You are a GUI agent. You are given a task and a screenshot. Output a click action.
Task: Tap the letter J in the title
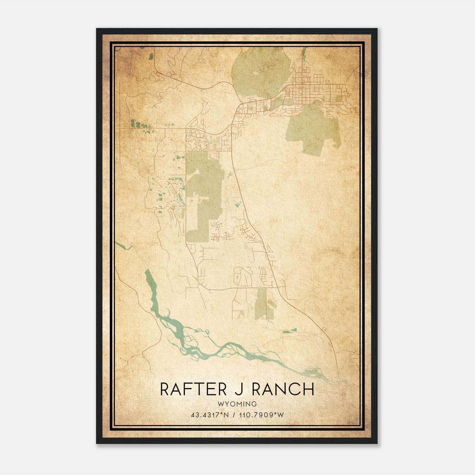point(237,389)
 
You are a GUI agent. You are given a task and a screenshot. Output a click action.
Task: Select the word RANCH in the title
point(283,389)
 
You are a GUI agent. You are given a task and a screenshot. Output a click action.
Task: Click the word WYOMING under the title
point(237,404)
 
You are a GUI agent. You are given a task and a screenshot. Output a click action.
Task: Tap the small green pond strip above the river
point(289,331)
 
